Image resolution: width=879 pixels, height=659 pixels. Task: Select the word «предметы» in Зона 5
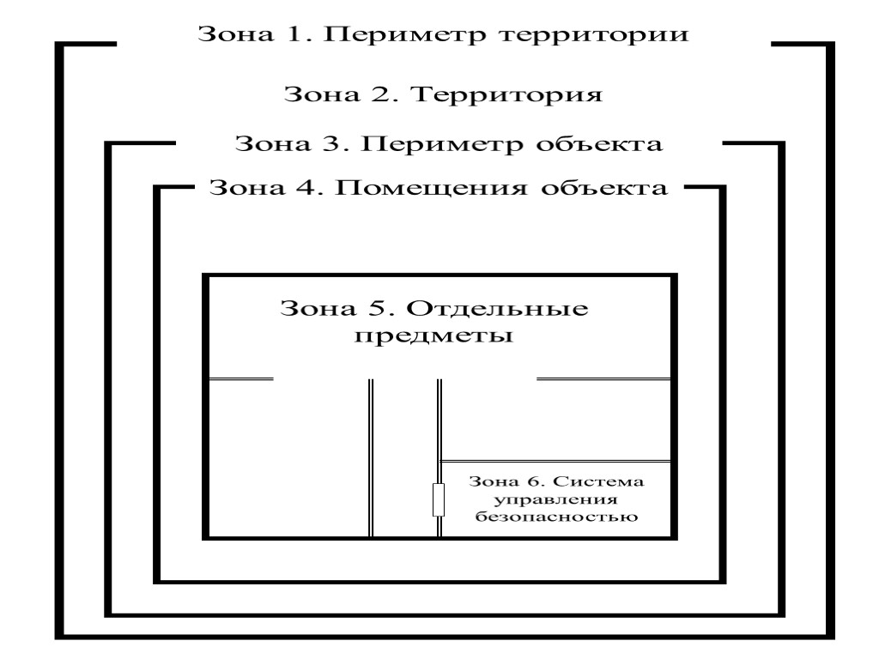pos(434,336)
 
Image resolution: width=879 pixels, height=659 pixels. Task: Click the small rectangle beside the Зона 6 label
pos(438,499)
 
